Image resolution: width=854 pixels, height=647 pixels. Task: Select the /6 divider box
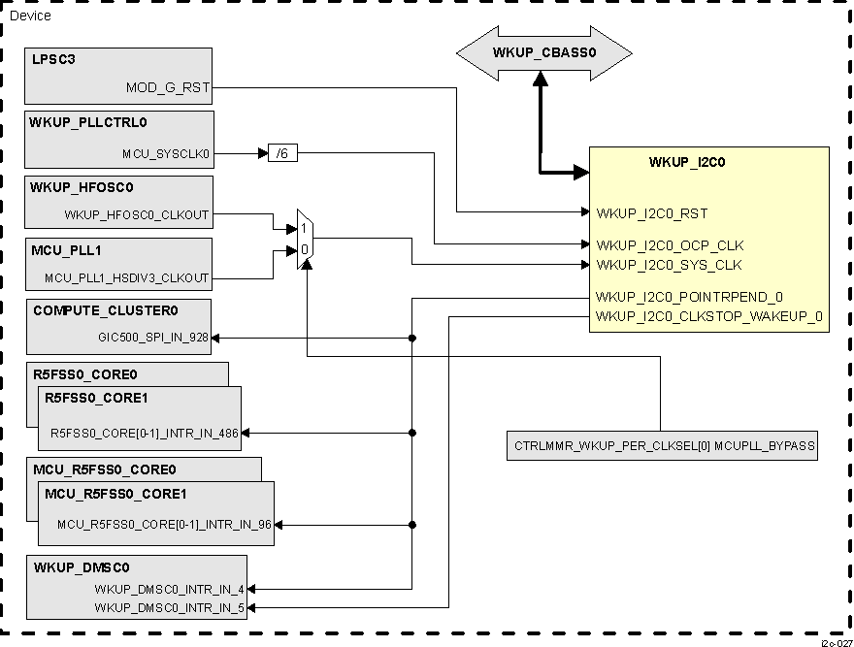[282, 153]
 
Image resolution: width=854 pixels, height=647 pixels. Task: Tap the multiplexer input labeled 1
[304, 228]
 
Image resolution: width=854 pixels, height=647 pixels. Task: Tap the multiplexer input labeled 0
[304, 250]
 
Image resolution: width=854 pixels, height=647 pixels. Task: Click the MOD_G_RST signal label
[167, 88]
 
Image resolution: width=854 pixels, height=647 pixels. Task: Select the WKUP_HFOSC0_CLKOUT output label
[136, 214]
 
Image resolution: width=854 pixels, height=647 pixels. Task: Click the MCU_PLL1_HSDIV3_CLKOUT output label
[126, 278]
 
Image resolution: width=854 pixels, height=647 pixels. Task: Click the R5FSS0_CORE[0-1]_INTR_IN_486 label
[145, 433]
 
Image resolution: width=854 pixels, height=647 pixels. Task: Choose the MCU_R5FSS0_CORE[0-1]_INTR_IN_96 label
[164, 525]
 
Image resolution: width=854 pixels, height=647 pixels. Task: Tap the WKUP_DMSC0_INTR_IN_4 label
[170, 589]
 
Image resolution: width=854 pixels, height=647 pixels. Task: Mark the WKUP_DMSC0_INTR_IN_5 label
[170, 606]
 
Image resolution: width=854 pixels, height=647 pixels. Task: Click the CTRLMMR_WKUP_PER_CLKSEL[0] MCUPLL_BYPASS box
[663, 447]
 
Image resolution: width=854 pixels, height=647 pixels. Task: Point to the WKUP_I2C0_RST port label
[651, 212]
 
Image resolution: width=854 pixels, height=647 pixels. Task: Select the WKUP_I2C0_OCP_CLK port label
[670, 245]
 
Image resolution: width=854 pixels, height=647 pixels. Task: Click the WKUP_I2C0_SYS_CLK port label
[669, 265]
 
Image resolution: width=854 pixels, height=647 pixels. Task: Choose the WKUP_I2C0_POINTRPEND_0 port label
[689, 297]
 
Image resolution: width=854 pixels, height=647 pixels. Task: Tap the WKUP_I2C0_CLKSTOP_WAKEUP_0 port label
[709, 315]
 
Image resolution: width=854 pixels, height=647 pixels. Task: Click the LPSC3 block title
[54, 60]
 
